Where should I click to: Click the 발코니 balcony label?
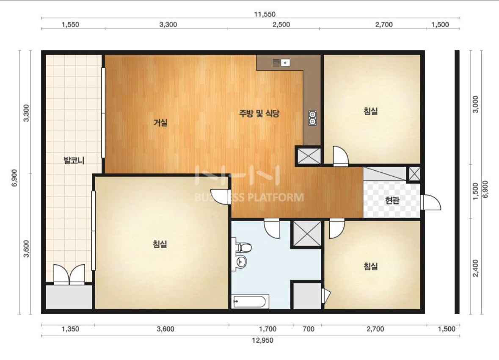coord(74,160)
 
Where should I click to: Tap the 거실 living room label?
coord(160,122)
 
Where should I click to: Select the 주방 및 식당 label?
coord(259,114)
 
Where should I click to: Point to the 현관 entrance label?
coord(392,200)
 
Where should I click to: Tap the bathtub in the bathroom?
coord(250,302)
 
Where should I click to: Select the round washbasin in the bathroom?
coord(241,262)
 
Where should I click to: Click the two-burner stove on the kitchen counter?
coord(312,118)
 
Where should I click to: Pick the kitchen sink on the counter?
coord(281,63)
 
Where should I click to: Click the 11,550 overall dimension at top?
coord(265,14)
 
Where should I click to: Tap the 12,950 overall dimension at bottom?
coord(262,340)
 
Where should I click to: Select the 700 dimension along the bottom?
coord(309,329)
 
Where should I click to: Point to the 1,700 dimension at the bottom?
coord(267,329)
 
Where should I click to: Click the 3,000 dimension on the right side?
coord(475,105)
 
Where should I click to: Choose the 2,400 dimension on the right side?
coord(475,268)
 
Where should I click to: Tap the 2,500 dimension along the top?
coord(281,25)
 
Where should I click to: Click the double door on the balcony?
coord(69,274)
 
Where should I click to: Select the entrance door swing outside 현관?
coord(430,202)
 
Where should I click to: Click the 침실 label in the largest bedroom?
coord(160,244)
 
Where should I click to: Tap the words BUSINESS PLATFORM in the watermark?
coord(249,197)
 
